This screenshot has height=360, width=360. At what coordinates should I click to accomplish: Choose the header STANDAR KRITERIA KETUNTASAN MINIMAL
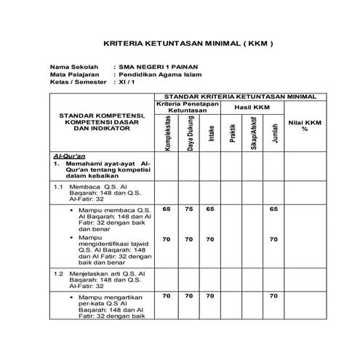(x=240, y=96)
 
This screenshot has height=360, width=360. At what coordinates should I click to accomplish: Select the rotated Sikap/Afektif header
(x=253, y=135)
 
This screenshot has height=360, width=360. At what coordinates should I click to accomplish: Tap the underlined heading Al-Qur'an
(x=70, y=156)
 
